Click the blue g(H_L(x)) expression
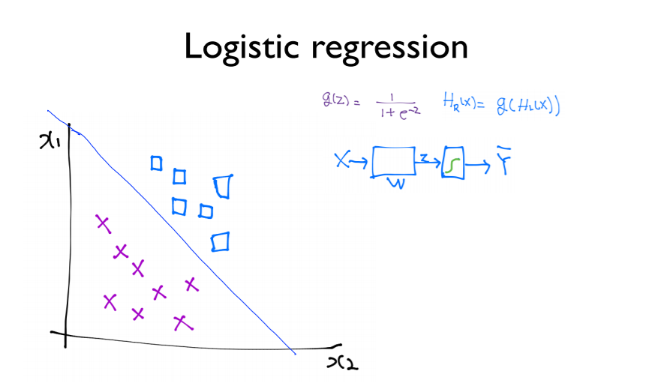pyautogui.click(x=528, y=106)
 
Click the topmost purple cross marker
pyautogui.click(x=102, y=223)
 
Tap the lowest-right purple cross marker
pyautogui.click(x=182, y=322)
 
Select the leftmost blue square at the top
pyautogui.click(x=156, y=163)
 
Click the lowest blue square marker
pyautogui.click(x=220, y=242)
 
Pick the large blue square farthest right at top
pyautogui.click(x=221, y=186)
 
